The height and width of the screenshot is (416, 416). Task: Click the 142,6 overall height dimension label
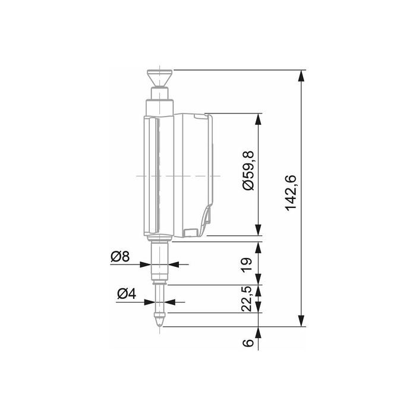coord(291,193)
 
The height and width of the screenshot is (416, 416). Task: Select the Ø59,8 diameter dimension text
coord(248,171)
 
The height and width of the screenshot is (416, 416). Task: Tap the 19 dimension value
coord(247,264)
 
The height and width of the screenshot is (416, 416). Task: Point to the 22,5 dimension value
coord(247,299)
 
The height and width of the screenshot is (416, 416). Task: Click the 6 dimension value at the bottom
coord(248,343)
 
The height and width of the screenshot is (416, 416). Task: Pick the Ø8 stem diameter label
coord(120,257)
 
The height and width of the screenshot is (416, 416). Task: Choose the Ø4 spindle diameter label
coord(127,294)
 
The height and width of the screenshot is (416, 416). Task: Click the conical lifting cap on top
coord(159,78)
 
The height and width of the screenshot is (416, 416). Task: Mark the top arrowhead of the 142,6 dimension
coord(301,75)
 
